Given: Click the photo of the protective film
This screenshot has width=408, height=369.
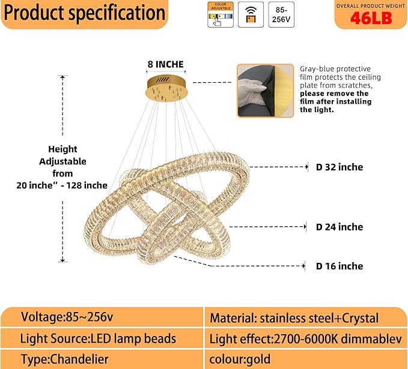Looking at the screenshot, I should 265,91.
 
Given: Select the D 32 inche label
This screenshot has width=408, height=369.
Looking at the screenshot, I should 339,167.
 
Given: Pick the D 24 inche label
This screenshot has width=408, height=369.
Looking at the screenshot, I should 339,227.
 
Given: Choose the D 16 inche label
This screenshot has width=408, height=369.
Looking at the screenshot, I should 339,266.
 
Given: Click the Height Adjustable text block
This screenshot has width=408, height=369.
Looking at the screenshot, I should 62,167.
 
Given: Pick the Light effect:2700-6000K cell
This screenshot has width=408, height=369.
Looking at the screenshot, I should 305,339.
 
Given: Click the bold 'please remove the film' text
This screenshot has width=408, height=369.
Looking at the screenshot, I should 334,97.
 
